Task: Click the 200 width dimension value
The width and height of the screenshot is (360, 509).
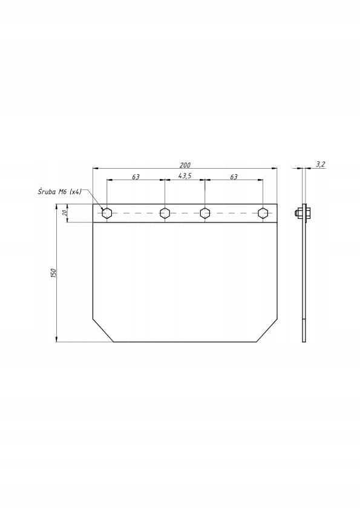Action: coord(185,165)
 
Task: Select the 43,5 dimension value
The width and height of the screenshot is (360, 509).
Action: coord(185,176)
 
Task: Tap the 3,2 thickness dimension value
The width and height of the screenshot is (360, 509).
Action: coord(320,164)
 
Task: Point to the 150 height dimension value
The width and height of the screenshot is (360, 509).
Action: coord(54,273)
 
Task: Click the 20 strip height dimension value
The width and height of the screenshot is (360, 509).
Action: coord(65,213)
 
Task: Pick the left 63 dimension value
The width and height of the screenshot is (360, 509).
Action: coord(136,177)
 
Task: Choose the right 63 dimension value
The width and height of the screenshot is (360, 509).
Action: coord(234,177)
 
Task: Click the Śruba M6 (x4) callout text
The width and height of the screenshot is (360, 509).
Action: coord(59,192)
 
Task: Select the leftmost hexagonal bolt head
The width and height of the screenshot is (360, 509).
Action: coord(107,213)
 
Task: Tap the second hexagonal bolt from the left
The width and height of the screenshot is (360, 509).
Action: coord(165,213)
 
